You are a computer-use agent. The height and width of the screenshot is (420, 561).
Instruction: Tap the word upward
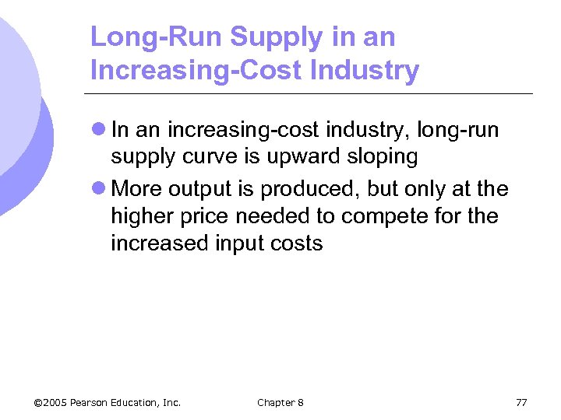(301, 156)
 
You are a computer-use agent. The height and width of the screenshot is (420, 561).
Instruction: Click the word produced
(306, 190)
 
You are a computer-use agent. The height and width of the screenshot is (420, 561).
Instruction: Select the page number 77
(521, 402)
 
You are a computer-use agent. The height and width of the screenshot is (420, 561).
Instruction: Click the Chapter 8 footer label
(280, 402)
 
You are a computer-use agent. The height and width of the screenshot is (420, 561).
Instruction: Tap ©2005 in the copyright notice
(51, 402)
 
